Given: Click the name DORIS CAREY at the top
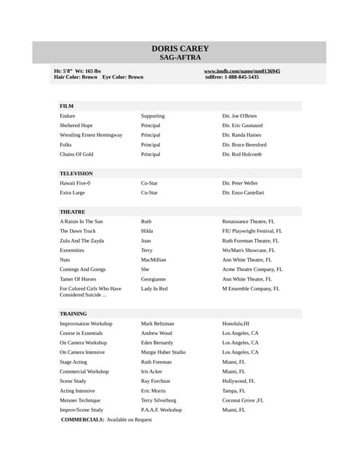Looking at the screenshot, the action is (x=180, y=49).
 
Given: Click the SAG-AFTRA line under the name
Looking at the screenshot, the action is (x=180, y=57).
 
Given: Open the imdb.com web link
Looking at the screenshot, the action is (x=241, y=71).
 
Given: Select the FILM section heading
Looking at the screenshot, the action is (x=66, y=106).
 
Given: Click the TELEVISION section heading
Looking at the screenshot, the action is (x=76, y=174).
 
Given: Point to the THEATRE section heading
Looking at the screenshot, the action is (x=72, y=211).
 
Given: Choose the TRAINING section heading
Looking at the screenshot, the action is (x=73, y=314).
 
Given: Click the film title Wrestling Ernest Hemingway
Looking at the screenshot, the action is (x=91, y=135).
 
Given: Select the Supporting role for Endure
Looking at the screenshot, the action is (x=153, y=116).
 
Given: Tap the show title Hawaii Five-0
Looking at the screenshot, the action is (x=75, y=183).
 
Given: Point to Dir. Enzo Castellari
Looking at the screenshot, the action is (x=243, y=193).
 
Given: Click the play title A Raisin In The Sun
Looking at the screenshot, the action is (x=81, y=221).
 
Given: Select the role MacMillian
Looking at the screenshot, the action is (x=153, y=259).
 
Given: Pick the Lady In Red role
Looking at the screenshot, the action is (x=154, y=288).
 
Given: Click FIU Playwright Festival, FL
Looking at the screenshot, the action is (x=252, y=231).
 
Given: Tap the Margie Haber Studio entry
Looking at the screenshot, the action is (x=163, y=352).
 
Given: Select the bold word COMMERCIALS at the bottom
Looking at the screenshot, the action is (x=82, y=420).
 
